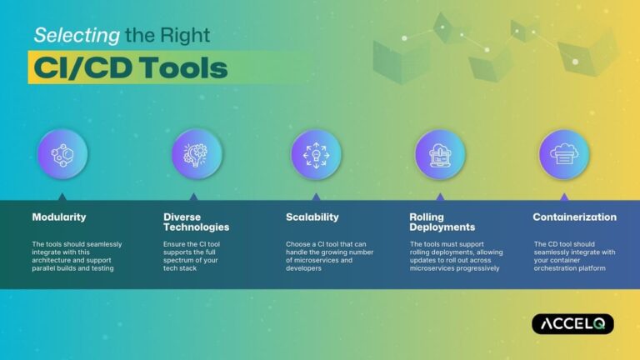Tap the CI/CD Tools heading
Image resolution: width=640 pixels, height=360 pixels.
[x=130, y=67]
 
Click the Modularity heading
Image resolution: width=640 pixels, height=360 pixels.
[x=58, y=217]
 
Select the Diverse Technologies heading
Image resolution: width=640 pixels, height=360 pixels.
[x=197, y=222]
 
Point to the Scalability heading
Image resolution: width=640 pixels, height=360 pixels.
[x=312, y=217]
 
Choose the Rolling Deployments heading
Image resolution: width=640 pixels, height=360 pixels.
[x=442, y=222]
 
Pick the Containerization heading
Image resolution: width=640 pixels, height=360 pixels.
[x=575, y=217]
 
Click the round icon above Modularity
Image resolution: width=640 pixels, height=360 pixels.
[x=62, y=155]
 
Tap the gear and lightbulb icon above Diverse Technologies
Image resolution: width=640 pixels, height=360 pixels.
[x=197, y=155]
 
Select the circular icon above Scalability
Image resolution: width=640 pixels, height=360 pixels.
[x=316, y=155]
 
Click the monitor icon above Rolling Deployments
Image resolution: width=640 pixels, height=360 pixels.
[x=440, y=155]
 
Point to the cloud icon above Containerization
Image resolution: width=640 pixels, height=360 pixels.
[x=564, y=155]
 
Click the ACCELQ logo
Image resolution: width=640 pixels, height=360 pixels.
[x=572, y=323]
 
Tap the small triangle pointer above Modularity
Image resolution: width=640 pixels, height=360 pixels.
[x=62, y=197]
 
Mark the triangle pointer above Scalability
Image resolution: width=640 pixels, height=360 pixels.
[x=316, y=197]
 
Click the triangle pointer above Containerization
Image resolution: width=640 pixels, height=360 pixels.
[x=564, y=197]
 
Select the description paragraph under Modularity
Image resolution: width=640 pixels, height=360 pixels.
[x=77, y=256]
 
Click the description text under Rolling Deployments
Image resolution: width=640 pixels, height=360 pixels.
[x=454, y=256]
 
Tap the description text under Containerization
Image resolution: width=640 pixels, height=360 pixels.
[x=576, y=256]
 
